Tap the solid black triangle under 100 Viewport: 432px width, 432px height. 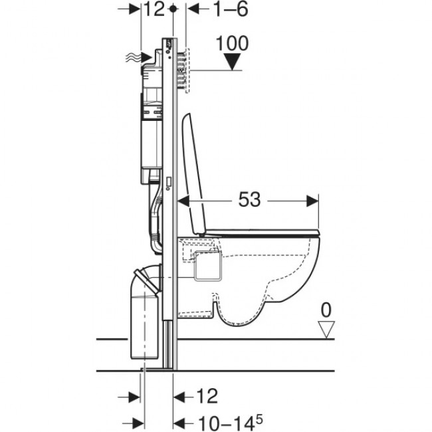[x=231, y=62]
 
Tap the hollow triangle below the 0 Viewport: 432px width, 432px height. [x=324, y=328]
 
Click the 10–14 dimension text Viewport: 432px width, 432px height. [x=221, y=421]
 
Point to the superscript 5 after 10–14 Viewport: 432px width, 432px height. [x=261, y=417]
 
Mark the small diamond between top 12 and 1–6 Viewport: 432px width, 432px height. [x=173, y=9]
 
